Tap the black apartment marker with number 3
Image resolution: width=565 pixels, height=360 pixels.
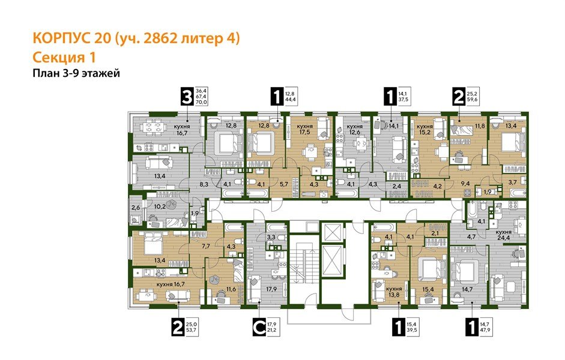tap(187, 96)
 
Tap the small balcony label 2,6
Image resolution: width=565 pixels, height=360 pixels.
tap(135, 208)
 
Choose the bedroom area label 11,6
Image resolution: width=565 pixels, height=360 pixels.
tap(231, 289)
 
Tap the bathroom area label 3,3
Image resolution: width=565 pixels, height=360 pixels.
tap(255, 237)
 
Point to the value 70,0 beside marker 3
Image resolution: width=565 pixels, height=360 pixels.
tap(202, 103)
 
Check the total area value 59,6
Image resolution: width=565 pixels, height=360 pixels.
tap(473, 100)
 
